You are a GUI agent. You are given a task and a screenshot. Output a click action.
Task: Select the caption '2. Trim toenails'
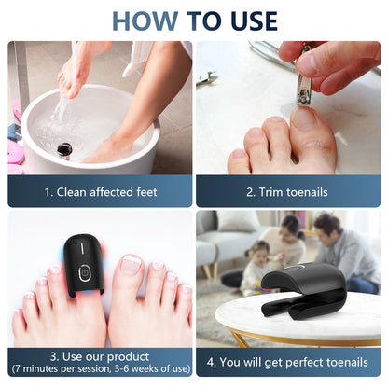coord(288,192)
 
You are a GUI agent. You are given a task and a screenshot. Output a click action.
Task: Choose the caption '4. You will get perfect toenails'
coord(288,361)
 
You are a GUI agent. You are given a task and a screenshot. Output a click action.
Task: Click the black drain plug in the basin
coord(65,148)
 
